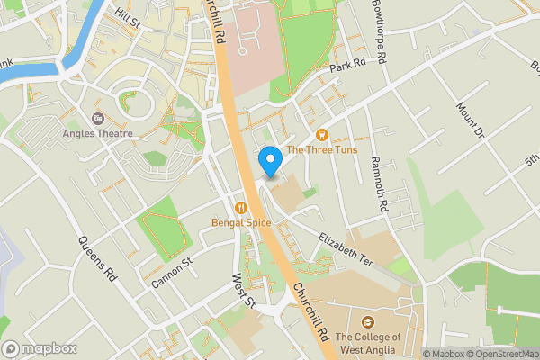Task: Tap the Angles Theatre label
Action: [x=98, y=133]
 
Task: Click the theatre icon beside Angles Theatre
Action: [x=97, y=118]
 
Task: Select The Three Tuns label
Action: [x=321, y=149]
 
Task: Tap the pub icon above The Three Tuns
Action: [x=321, y=135]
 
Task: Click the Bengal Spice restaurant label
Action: [x=241, y=221]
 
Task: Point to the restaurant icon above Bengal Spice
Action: [x=241, y=207]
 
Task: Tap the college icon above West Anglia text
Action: [x=367, y=322]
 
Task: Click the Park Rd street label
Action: [x=347, y=64]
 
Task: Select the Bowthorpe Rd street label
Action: [x=379, y=32]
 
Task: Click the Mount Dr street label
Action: [x=470, y=120]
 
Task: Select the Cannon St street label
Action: [x=173, y=274]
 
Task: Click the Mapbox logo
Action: [x=39, y=348]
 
